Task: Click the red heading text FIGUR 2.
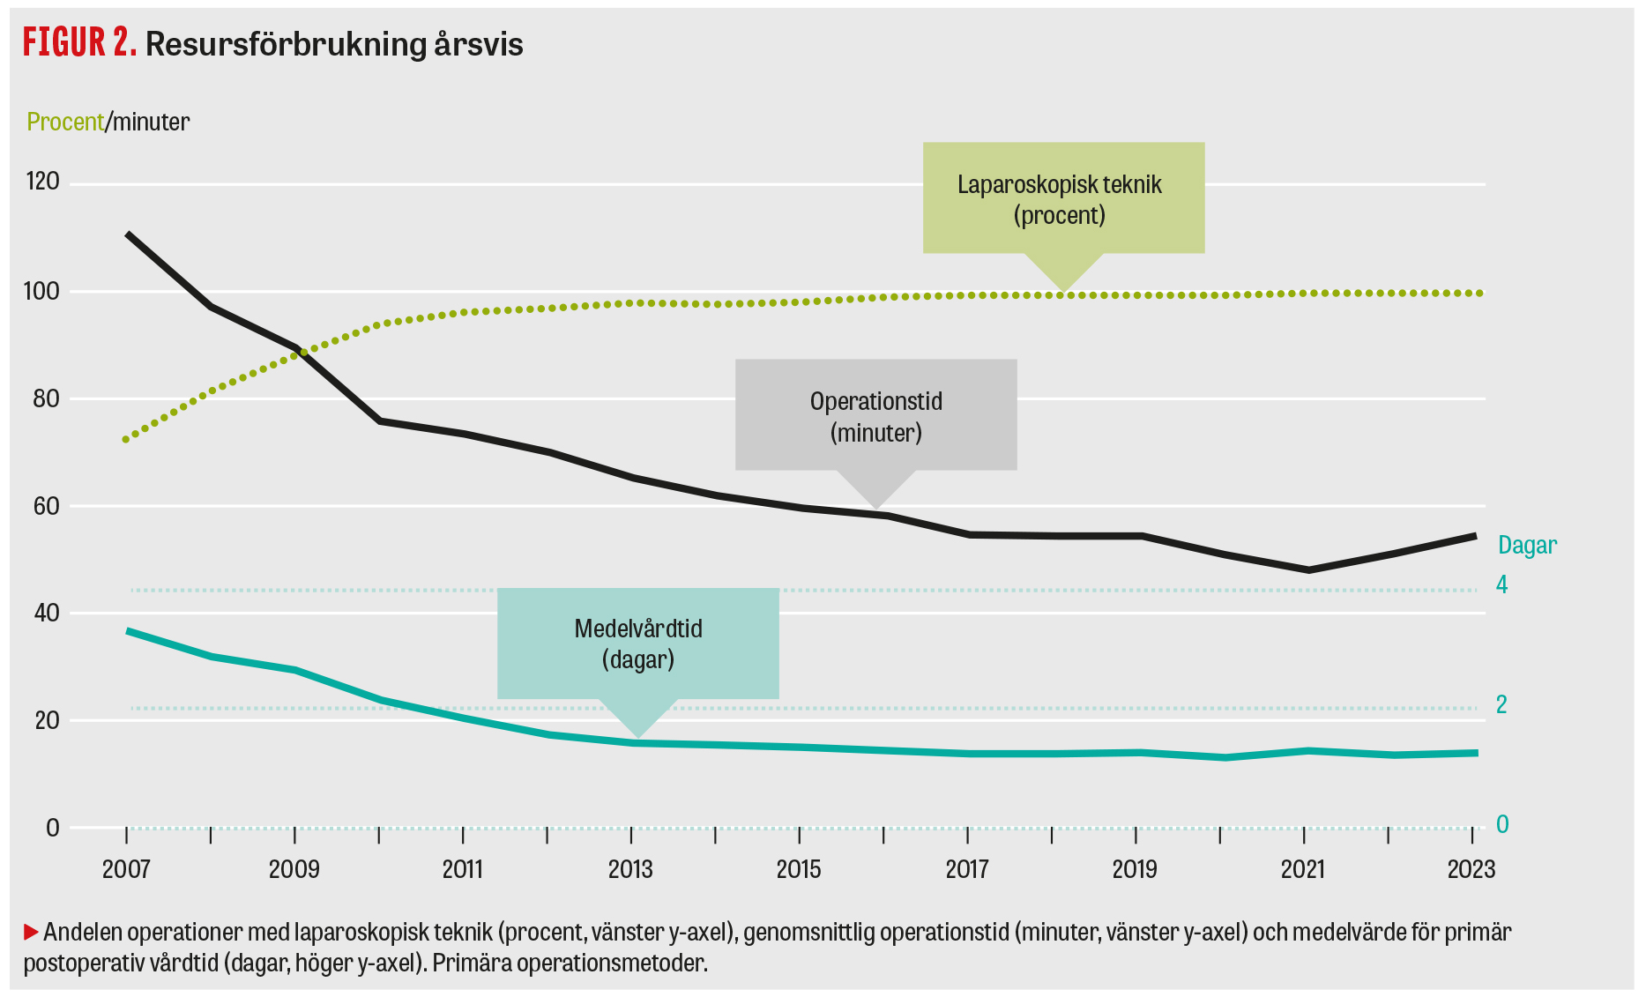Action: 79,42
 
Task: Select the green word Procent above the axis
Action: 64,122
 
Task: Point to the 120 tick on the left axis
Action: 42,182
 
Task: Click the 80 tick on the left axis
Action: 45,398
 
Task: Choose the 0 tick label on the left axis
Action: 53,828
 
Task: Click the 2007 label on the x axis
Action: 126,869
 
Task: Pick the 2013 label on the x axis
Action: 630,869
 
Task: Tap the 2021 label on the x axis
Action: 1303,869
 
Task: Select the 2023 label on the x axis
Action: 1471,869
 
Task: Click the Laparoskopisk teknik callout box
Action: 1062,199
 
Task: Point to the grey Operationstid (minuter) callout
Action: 875,416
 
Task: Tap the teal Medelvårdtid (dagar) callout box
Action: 637,644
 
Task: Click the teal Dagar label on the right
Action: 1527,545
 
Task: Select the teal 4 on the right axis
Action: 1501,584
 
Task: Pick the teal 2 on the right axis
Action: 1501,704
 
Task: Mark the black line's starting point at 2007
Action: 128,234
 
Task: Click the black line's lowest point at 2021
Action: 1308,570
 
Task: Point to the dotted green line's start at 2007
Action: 126,439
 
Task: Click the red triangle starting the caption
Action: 31,931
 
